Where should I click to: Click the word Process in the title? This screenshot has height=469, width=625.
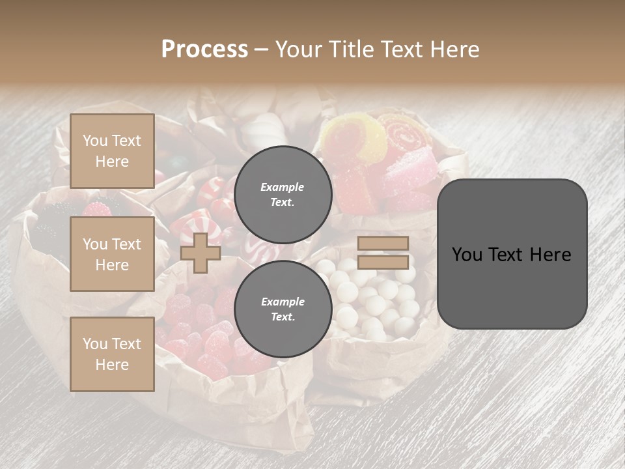pos(204,50)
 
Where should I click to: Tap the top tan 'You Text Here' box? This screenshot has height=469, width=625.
pos(112,151)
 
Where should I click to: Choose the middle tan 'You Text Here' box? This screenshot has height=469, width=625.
pos(112,254)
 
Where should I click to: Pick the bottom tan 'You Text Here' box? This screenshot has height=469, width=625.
pos(112,354)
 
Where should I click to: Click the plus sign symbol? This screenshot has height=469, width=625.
pos(201,253)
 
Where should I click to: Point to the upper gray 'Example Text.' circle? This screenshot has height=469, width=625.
pos(283,194)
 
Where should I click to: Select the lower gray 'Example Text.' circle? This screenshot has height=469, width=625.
pos(283,309)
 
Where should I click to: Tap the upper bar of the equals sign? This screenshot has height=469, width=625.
pos(383,243)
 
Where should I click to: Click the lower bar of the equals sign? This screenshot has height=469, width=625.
pos(383,262)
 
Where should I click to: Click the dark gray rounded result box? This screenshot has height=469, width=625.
pos(512,254)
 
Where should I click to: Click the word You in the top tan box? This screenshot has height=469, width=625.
pos(95,141)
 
